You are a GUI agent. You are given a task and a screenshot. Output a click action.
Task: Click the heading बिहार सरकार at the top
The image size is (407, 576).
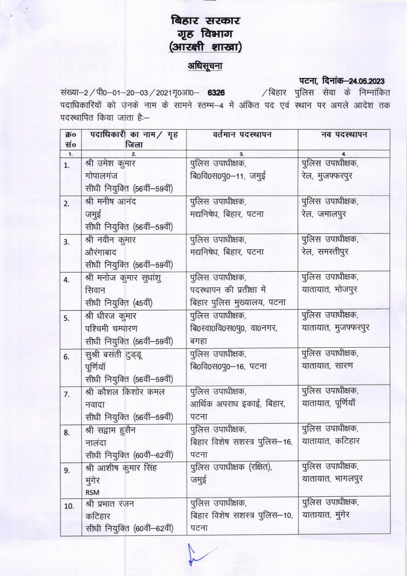pyautogui.click(x=205, y=21)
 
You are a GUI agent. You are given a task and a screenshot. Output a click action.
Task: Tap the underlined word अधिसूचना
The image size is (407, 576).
pyautogui.click(x=205, y=66)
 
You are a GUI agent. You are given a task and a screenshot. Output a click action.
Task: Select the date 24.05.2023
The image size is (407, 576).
pyautogui.click(x=367, y=81)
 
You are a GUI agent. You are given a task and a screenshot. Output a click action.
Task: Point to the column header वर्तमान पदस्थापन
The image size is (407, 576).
pyautogui.click(x=242, y=135)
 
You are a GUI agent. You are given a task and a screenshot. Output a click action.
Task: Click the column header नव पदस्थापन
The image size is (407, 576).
pyautogui.click(x=344, y=135)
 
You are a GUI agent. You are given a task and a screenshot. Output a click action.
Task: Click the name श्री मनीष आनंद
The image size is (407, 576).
pyautogui.click(x=110, y=202)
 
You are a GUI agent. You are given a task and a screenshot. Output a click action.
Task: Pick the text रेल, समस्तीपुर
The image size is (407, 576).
pyautogui.click(x=325, y=252)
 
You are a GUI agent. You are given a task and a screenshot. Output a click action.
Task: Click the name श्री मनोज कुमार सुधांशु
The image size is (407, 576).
pyautogui.click(x=123, y=278)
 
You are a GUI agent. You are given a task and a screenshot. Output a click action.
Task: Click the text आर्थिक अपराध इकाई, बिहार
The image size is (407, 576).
pyautogui.click(x=238, y=404)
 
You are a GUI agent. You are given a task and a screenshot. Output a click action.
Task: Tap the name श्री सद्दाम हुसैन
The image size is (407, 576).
pyautogui.click(x=110, y=430)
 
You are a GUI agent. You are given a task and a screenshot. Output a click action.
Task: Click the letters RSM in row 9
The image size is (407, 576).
pyautogui.click(x=92, y=492)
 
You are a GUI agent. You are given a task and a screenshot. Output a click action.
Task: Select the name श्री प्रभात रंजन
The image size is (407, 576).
pyautogui.click(x=110, y=504)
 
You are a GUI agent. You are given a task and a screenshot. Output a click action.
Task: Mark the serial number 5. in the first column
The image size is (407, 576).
pyautogui.click(x=67, y=318)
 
